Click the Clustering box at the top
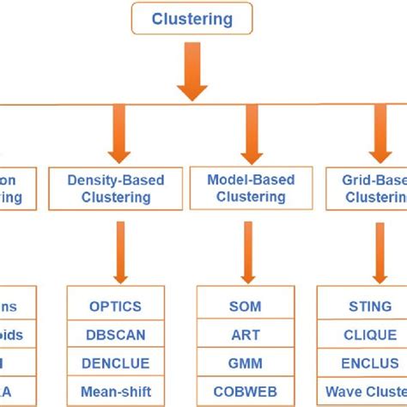point(191,19)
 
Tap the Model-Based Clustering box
point(250,188)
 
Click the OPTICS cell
point(115,306)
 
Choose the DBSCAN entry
point(115,334)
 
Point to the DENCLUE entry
point(115,363)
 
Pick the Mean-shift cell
point(115,392)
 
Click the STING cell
point(370,306)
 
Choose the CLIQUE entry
point(370,334)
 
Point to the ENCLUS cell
point(370,363)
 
